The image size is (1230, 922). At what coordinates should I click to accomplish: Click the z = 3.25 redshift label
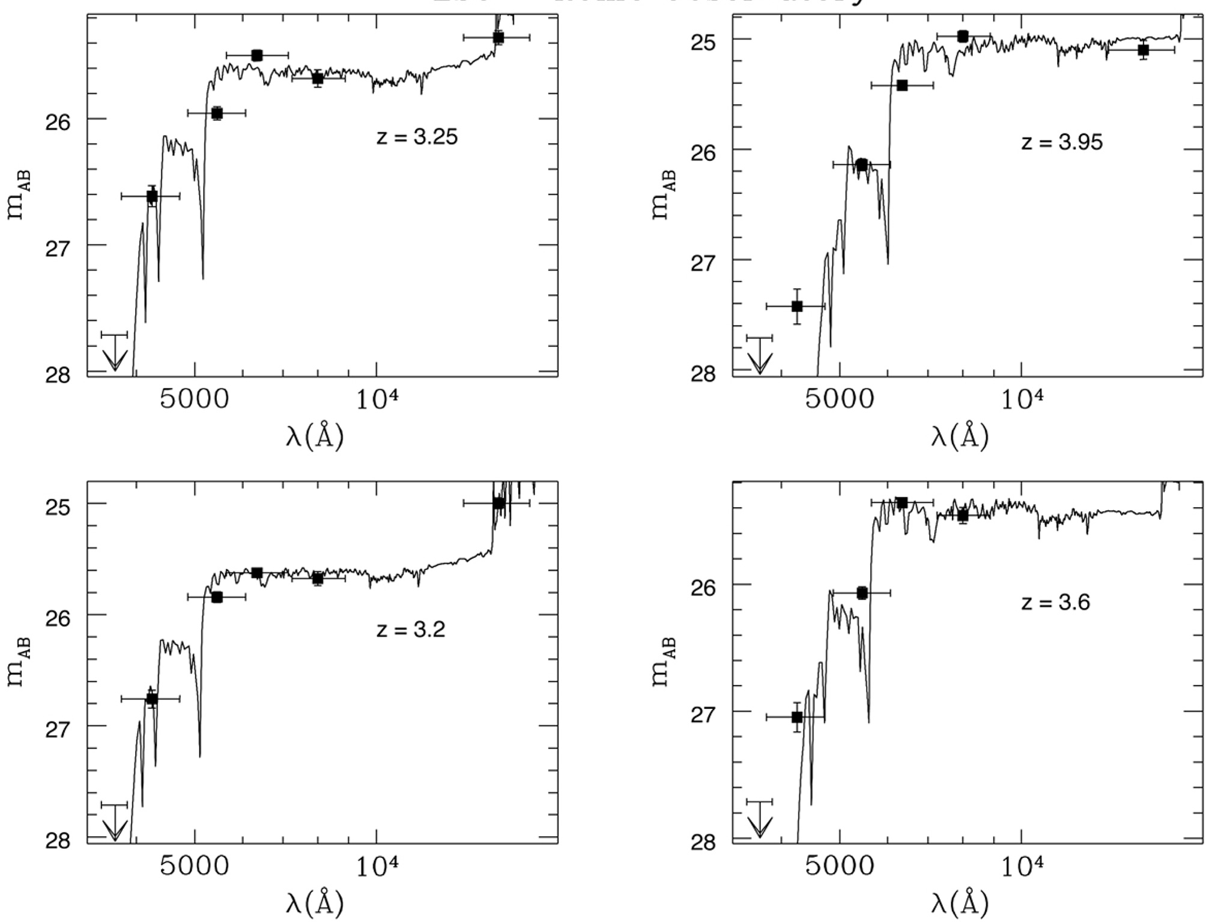pyautogui.click(x=417, y=137)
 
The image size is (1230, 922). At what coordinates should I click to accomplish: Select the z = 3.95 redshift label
pyautogui.click(x=1062, y=143)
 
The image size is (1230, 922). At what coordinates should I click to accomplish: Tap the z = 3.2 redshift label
pyautogui.click(x=411, y=630)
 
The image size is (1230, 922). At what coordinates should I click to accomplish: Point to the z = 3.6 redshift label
pyautogui.click(x=1056, y=602)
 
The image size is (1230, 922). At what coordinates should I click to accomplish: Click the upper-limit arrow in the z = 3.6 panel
pyautogui.click(x=759, y=819)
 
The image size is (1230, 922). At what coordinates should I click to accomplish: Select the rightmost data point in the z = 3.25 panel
pyautogui.click(x=498, y=37)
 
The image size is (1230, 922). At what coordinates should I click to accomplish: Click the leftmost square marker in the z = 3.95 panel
pyautogui.click(x=797, y=306)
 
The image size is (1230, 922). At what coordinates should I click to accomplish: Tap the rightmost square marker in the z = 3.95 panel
pyautogui.click(x=1144, y=50)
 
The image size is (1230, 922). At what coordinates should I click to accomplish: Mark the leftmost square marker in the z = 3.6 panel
pyautogui.click(x=797, y=717)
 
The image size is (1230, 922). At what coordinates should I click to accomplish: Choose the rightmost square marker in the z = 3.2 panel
pyautogui.click(x=498, y=503)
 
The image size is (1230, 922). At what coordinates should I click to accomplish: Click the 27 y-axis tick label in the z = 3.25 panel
pyautogui.click(x=58, y=249)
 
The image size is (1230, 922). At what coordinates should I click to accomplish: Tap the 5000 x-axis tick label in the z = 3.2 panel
pyautogui.click(x=194, y=866)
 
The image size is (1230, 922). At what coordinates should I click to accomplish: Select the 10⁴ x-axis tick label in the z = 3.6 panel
pyautogui.click(x=1022, y=866)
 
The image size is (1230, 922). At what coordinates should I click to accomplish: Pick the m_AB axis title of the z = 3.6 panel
pyautogui.click(x=664, y=662)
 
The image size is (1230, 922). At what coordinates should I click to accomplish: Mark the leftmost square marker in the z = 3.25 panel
pyautogui.click(x=152, y=196)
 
